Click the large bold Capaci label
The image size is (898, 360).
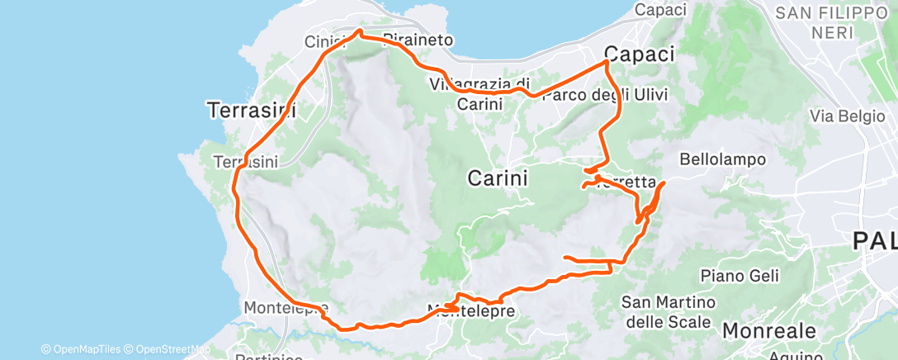coord(640,54)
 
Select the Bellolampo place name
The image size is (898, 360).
coord(724,159)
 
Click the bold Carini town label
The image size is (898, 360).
coord(498,178)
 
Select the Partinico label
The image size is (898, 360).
coord(266,357)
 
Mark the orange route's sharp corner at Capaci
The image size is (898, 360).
coord(607,62)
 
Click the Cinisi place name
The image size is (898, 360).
coord(323,41)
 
